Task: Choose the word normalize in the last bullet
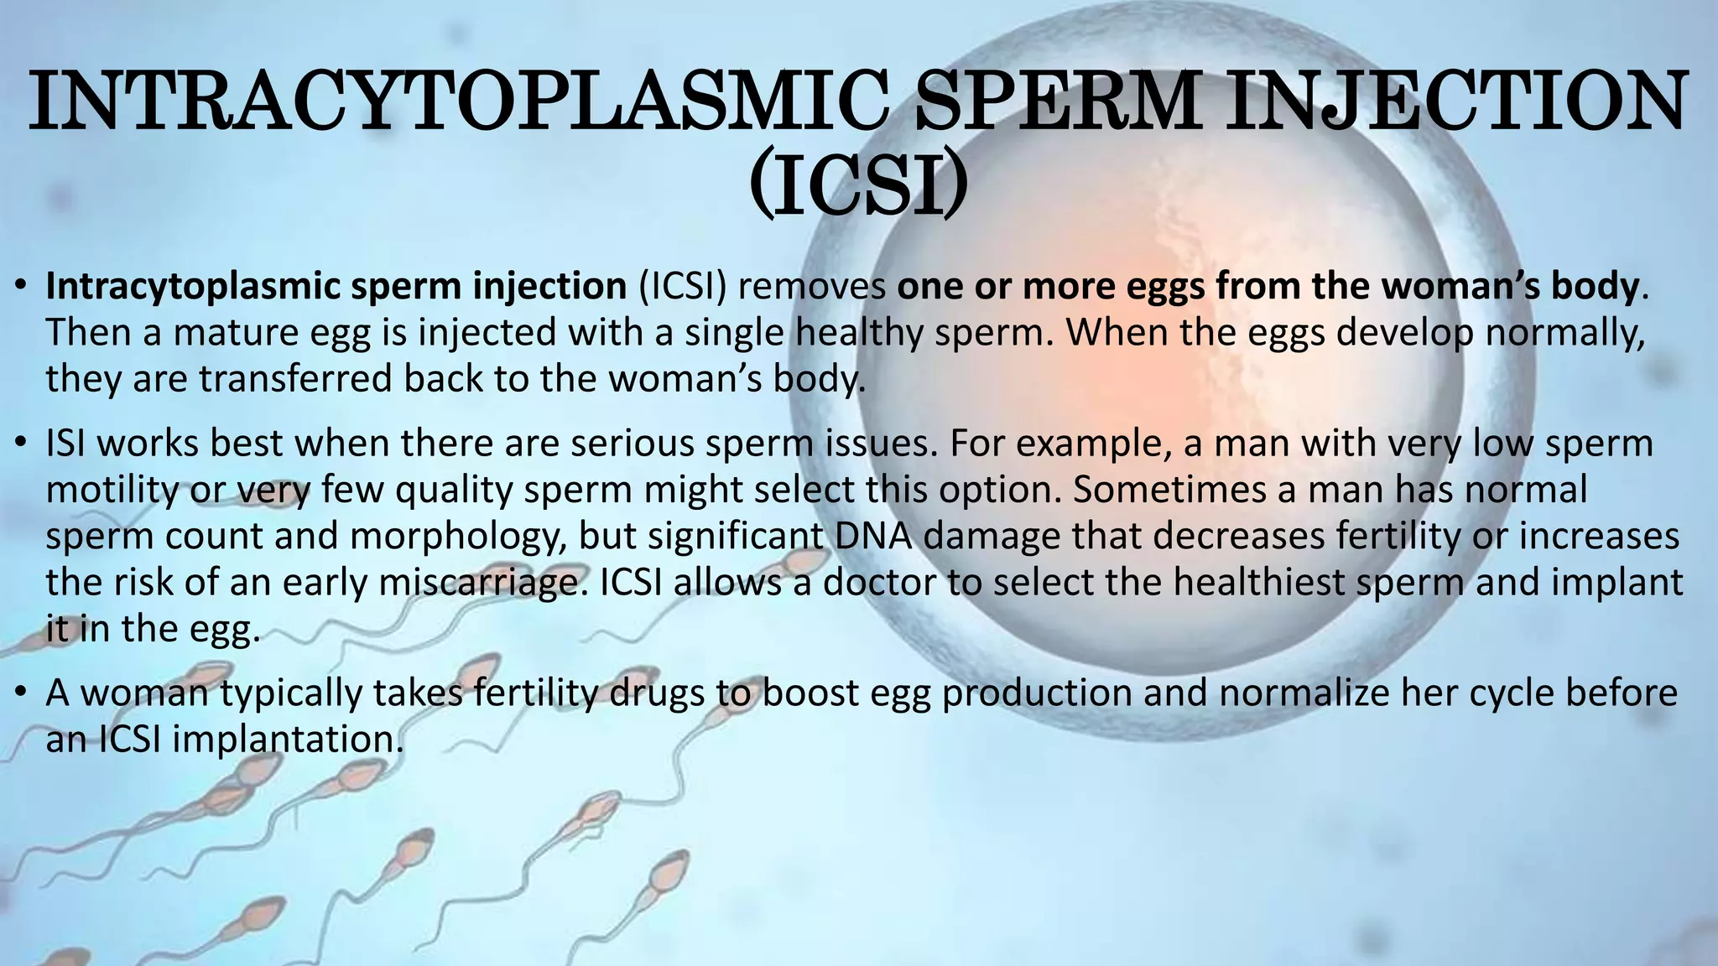[x=1305, y=693]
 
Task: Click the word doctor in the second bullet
[x=879, y=583]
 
